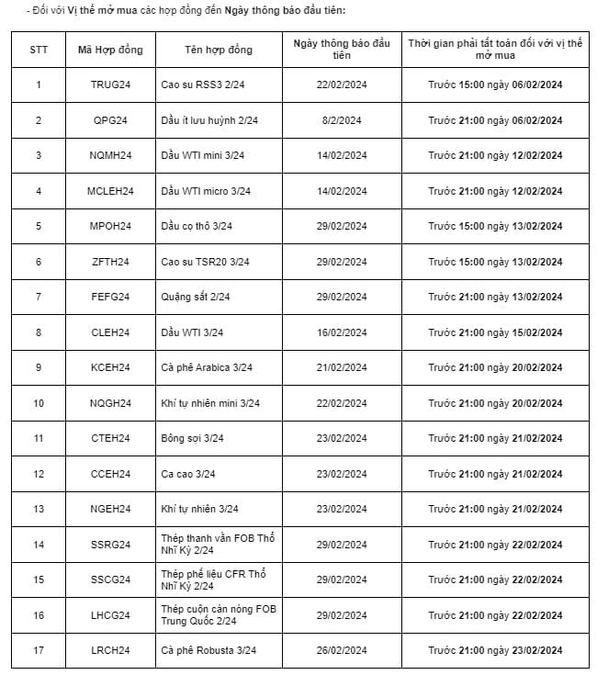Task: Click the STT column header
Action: click(39, 50)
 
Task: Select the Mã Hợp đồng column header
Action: click(110, 50)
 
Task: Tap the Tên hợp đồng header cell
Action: click(219, 50)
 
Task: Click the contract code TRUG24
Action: click(110, 85)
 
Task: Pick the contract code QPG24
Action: click(110, 120)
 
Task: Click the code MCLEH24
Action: click(110, 191)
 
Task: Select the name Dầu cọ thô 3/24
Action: click(197, 227)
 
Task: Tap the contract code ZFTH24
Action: click(110, 262)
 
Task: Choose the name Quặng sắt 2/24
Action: click(194, 297)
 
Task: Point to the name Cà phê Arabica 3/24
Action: click(209, 367)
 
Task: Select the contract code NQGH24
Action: click(110, 403)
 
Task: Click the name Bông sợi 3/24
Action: click(191, 438)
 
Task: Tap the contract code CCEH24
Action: click(110, 474)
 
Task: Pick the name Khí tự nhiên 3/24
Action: click(199, 509)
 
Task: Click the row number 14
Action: click(39, 545)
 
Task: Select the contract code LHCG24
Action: click(110, 615)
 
